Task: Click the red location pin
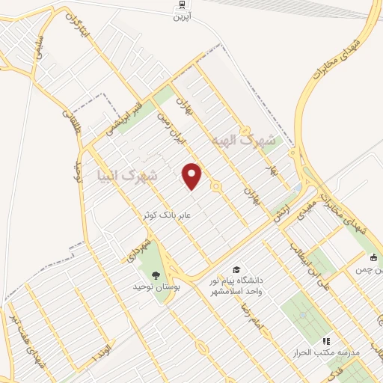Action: (x=192, y=176)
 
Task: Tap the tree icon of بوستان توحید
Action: (x=156, y=276)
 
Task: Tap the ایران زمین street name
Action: (x=168, y=128)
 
